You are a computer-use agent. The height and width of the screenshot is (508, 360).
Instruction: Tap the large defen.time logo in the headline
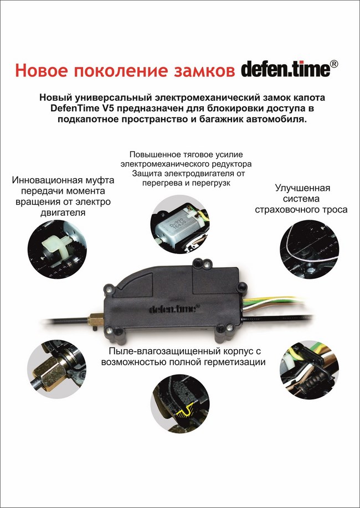[285, 69]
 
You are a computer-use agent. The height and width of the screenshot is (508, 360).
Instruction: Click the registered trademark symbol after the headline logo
[334, 64]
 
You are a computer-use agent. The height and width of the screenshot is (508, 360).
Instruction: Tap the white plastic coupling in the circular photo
[56, 248]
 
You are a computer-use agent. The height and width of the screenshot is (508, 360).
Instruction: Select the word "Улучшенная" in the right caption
[302, 188]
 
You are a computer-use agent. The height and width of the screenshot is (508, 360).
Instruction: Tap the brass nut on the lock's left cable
[95, 321]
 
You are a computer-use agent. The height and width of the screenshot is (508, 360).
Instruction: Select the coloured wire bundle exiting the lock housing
[272, 304]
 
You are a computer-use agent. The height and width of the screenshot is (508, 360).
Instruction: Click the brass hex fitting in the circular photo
[49, 372]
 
